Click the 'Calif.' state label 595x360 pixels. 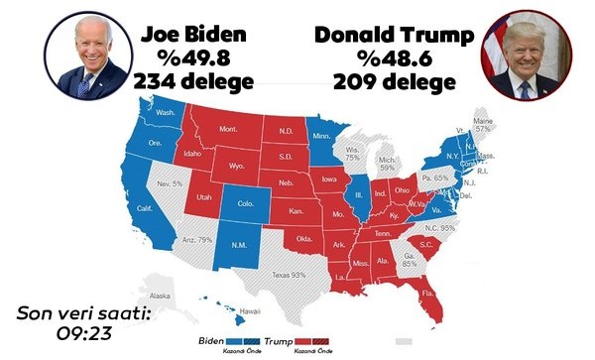147,208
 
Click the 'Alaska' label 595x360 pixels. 160,296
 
